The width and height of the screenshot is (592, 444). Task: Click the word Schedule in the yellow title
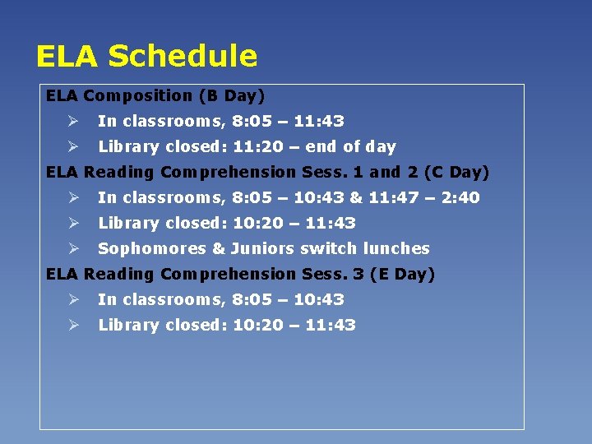183,56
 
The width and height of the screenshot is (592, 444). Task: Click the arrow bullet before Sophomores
72,248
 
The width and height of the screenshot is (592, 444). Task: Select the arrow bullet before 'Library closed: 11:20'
72,146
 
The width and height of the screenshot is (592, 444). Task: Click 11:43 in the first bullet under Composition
319,121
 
